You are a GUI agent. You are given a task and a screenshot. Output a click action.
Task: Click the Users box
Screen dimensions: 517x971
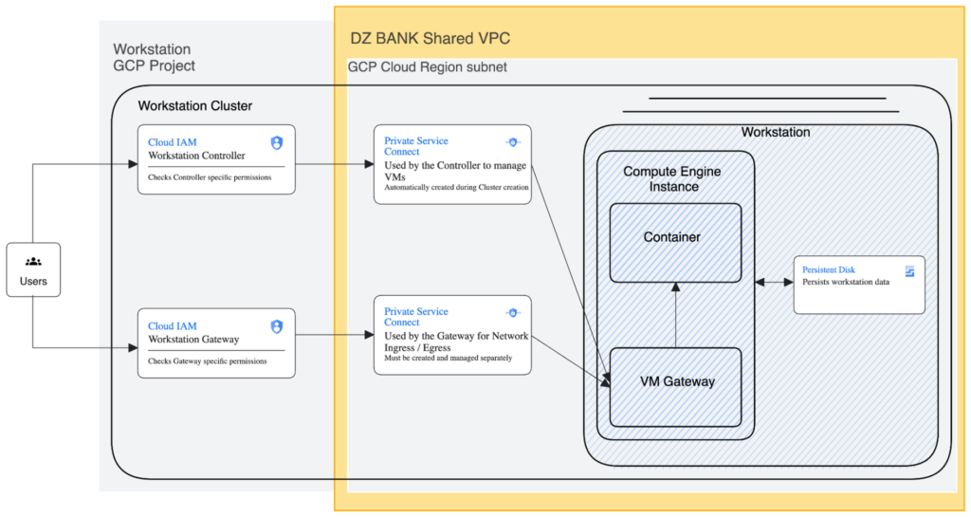[x=33, y=269]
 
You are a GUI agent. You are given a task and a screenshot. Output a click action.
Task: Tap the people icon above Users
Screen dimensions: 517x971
[x=33, y=261]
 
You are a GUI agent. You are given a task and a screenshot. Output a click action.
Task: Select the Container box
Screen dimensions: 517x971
[x=672, y=242]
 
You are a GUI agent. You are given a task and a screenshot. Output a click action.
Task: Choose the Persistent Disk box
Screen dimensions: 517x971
[x=859, y=284]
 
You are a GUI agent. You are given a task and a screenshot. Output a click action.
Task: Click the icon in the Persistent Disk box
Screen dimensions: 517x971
[x=909, y=271]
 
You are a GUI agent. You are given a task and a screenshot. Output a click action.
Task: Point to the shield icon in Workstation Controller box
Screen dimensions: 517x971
[x=277, y=143]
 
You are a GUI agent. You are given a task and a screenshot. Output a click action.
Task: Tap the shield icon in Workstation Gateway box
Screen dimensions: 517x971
[x=277, y=326]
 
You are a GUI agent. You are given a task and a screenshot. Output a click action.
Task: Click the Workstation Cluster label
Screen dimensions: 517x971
[x=195, y=105]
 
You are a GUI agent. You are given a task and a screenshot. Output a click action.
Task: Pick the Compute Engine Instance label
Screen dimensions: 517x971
[x=672, y=178]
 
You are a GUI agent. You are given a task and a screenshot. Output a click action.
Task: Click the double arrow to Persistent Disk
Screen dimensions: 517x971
[x=774, y=283]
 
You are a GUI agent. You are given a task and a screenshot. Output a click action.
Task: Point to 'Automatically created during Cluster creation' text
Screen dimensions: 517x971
[x=456, y=188]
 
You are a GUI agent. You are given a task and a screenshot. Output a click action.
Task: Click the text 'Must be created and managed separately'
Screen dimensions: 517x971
[x=449, y=359]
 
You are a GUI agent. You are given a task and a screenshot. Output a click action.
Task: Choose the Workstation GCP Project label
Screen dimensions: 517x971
[x=155, y=57]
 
